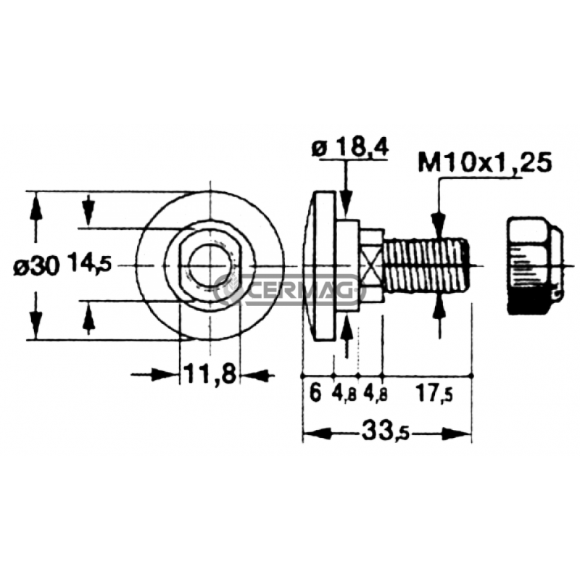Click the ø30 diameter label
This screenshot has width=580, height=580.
tap(36, 266)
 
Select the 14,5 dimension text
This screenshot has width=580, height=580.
tap(89, 265)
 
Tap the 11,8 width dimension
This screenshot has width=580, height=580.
tap(209, 373)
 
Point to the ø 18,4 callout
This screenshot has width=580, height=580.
tap(350, 149)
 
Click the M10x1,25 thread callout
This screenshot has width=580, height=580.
tap(485, 162)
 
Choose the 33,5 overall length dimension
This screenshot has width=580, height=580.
tap(386, 431)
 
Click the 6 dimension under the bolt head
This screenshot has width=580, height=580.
tap(315, 392)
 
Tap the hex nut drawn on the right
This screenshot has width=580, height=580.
tap(535, 265)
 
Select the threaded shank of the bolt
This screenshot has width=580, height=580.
tap(426, 265)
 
